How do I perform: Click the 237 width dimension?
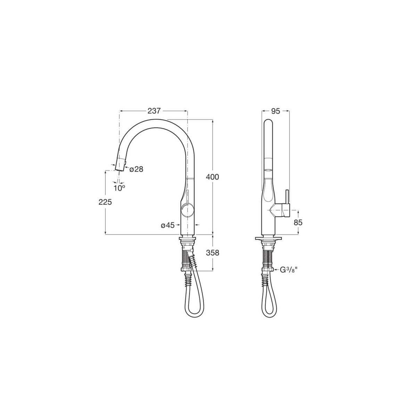coord(154,111)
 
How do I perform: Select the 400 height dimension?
coord(212,177)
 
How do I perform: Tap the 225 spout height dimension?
coord(105,202)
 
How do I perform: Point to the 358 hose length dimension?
coord(212,253)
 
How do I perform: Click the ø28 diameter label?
coord(137,169)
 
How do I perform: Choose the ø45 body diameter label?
coord(167,226)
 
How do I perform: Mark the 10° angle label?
coord(119,188)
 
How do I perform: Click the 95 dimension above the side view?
coord(276,111)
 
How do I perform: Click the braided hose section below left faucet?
coord(185,259)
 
